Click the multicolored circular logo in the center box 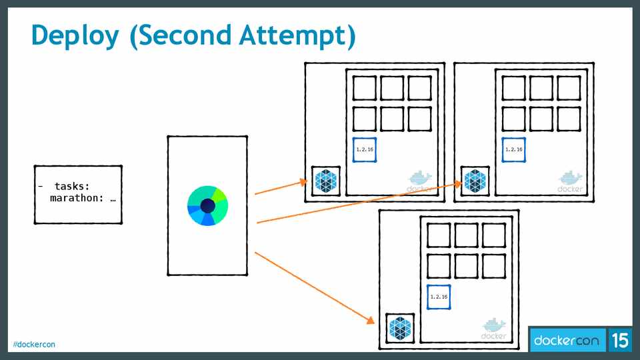pos(208,205)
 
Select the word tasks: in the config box pos(72,187)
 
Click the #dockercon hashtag pos(33,344)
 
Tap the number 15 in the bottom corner pos(619,341)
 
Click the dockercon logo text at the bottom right pos(567,341)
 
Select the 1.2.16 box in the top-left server pos(365,149)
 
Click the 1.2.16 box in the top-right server pos(513,149)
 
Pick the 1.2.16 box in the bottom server pos(439,297)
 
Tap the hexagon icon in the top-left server pos(327,181)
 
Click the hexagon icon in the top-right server pos(475,181)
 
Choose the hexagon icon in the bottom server pos(401,328)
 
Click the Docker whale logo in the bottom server pos(494,327)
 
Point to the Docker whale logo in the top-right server pos(569,180)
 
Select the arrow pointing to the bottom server pos(313,287)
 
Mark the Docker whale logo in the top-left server pos(421,180)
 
